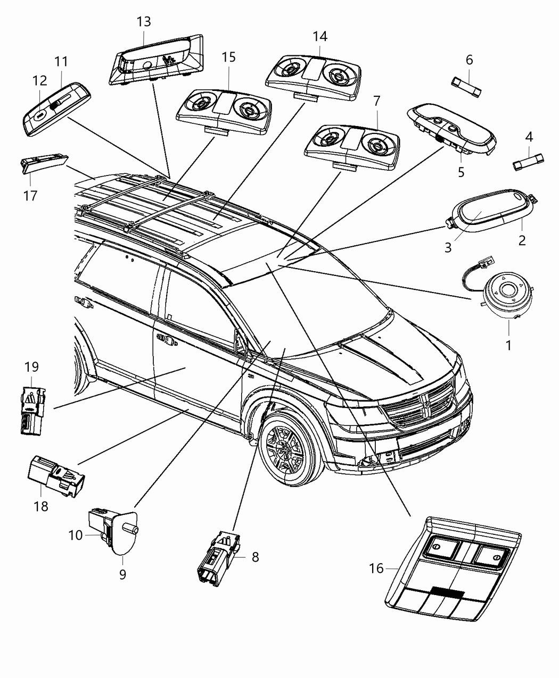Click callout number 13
[x=143, y=22]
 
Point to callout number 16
[x=376, y=568]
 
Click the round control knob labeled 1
[x=507, y=291]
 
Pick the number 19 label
[x=31, y=367]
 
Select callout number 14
[x=319, y=37]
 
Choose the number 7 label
[x=376, y=101]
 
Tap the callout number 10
[x=75, y=535]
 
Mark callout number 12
[x=39, y=81]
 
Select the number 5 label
[x=461, y=172]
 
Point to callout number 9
[x=122, y=574]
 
